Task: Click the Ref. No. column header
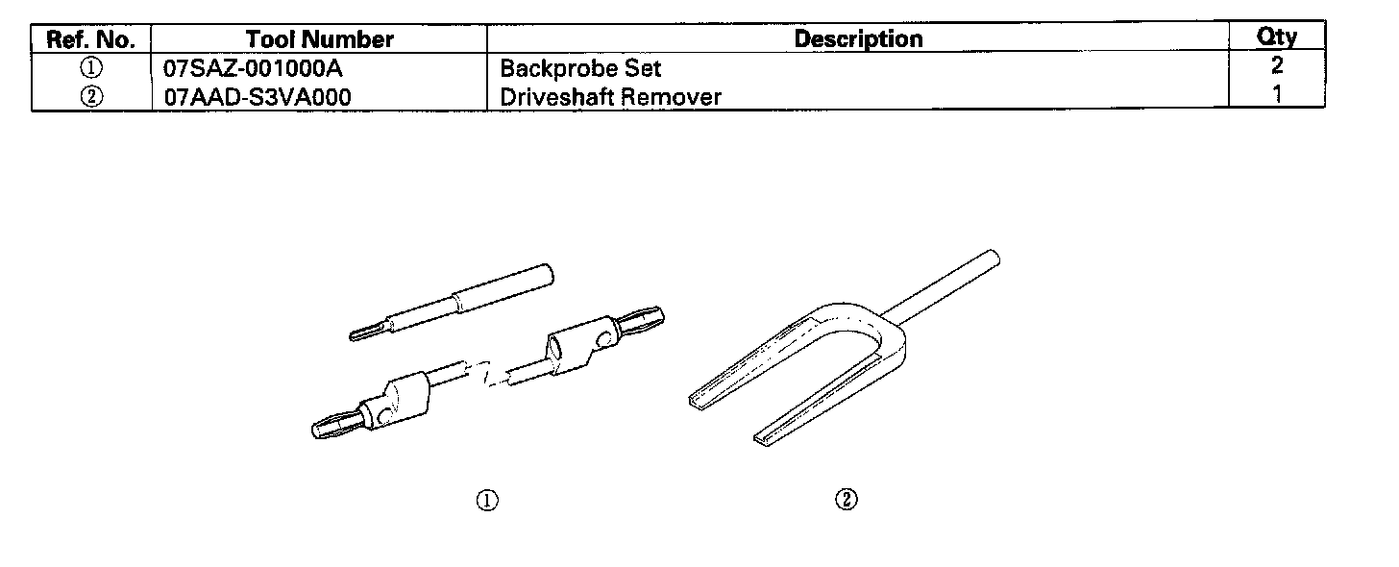click(91, 39)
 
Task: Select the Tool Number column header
click(319, 39)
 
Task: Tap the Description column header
click(859, 39)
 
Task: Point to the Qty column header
click(1277, 37)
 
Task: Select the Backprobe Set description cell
click(580, 69)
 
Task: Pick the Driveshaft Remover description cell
click(610, 97)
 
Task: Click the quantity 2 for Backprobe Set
click(1277, 66)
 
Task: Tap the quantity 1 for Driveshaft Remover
click(1277, 95)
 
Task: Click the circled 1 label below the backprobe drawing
click(488, 500)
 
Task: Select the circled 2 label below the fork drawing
click(847, 500)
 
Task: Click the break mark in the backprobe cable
click(487, 373)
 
